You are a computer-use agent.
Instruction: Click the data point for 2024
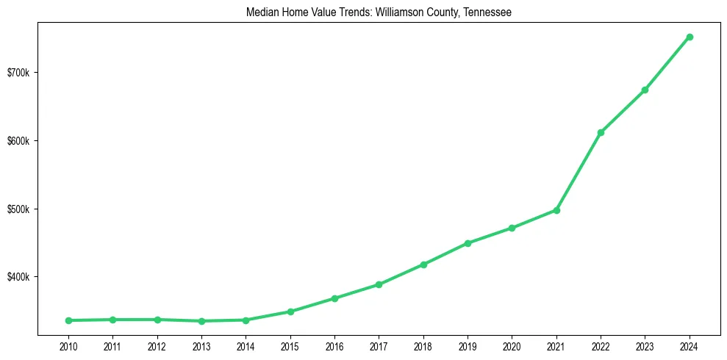coord(690,37)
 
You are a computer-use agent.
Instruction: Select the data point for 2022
coord(601,132)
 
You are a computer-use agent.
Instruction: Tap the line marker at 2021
coord(556,210)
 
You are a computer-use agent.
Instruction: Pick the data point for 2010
coord(68,320)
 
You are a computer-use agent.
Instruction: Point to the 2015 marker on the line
coord(290,312)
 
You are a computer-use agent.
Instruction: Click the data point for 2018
coord(423,264)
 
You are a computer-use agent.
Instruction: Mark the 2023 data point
coord(645,90)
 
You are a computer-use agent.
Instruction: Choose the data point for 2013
coord(201,321)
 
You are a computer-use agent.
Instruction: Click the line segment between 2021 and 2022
coord(579,171)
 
